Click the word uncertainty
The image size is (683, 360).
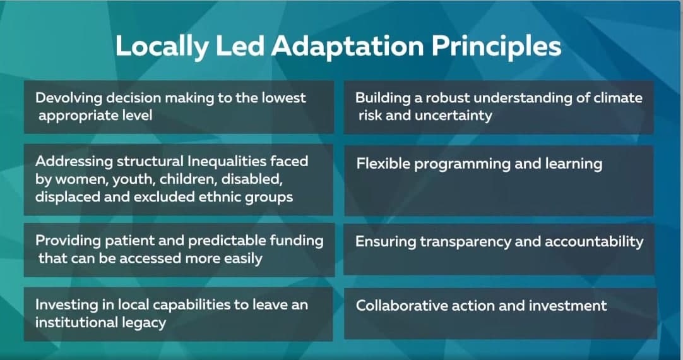[453, 116]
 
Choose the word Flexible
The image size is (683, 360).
[380, 164]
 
